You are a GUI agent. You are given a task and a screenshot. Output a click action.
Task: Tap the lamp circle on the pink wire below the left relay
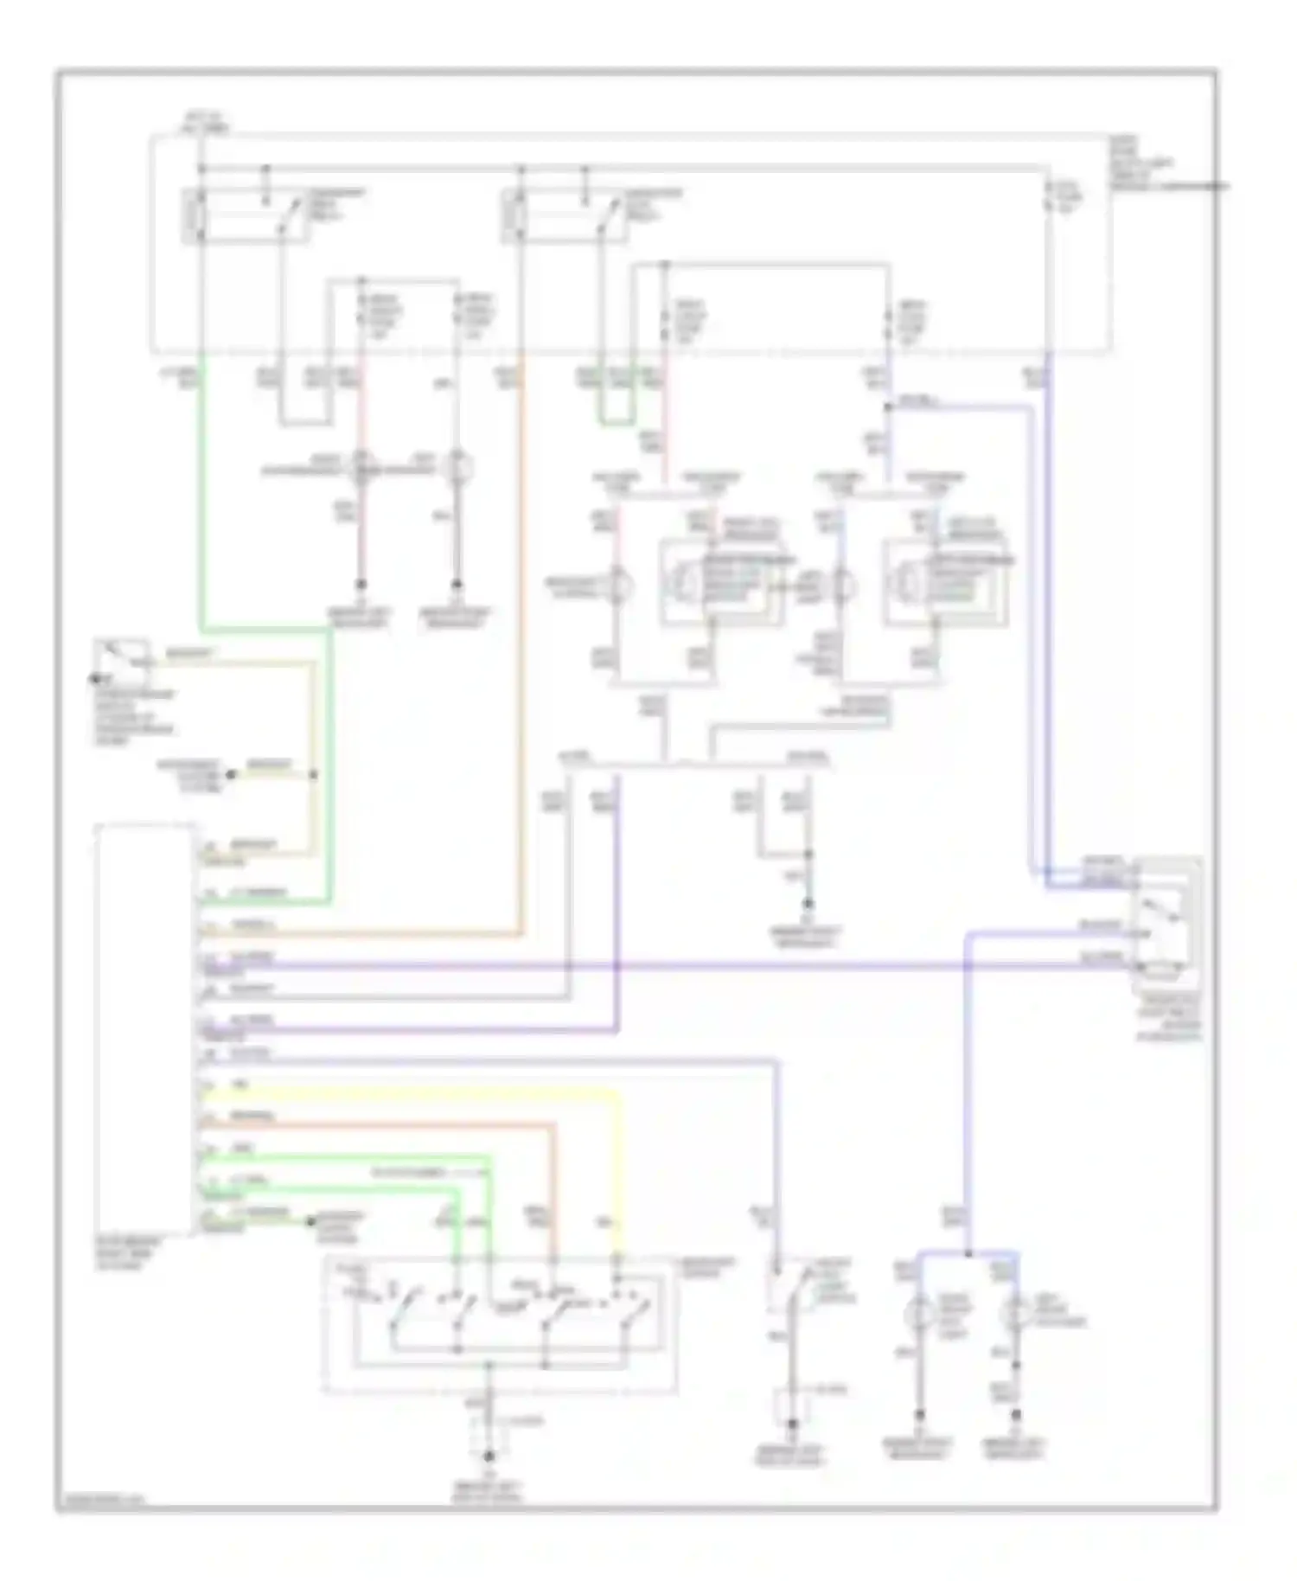[361, 468]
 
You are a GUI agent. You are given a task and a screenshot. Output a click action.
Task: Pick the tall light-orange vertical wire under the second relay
[521, 649]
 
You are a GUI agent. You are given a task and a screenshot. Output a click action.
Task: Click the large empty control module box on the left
[144, 1029]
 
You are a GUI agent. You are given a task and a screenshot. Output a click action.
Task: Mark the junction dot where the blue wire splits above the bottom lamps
[968, 1253]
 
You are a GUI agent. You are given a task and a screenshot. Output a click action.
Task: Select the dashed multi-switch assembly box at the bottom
[500, 1325]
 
